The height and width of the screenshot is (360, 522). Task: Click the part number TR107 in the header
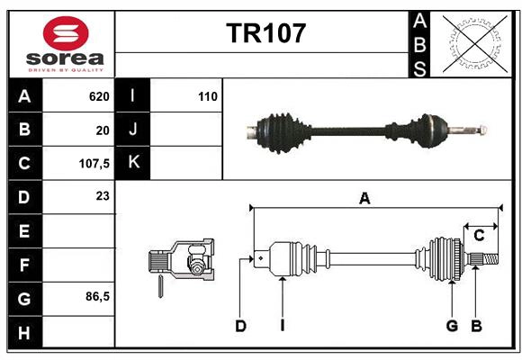pyautogui.click(x=266, y=33)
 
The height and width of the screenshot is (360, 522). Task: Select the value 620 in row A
pyautogui.click(x=98, y=95)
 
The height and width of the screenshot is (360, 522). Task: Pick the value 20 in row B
pyautogui.click(x=103, y=130)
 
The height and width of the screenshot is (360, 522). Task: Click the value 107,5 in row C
pyautogui.click(x=94, y=164)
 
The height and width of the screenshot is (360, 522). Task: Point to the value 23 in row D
pyautogui.click(x=103, y=195)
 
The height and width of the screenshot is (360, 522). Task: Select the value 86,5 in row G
pyautogui.click(x=97, y=295)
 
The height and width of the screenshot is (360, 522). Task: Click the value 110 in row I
pyautogui.click(x=207, y=95)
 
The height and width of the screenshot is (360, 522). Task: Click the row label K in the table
pyautogui.click(x=133, y=163)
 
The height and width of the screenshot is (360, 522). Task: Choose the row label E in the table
pyautogui.click(x=24, y=231)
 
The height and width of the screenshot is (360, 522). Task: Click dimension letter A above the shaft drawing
pyautogui.click(x=364, y=199)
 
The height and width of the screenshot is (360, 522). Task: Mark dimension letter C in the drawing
pyautogui.click(x=479, y=236)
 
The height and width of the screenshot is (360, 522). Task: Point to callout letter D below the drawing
pyautogui.click(x=240, y=326)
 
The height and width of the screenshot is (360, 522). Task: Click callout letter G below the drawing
pyautogui.click(x=452, y=326)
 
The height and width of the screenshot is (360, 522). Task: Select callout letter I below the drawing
pyautogui.click(x=282, y=326)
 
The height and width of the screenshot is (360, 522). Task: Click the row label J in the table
pyautogui.click(x=133, y=130)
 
